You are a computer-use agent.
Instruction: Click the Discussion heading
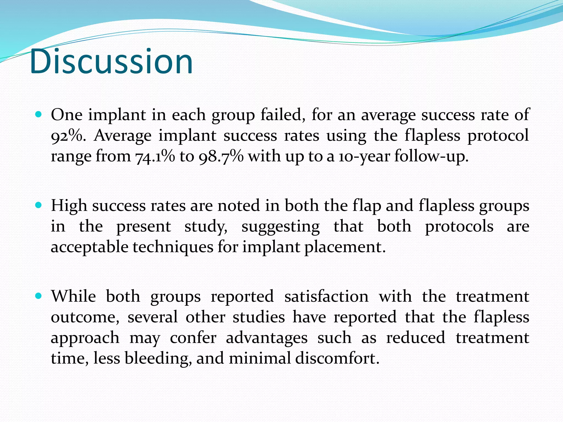point(111,62)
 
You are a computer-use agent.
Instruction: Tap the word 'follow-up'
point(431,157)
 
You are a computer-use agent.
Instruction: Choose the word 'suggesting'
point(280,227)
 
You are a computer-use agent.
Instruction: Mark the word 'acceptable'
point(89,247)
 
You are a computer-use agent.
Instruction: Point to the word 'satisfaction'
point(326,296)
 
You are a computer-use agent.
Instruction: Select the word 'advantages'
point(266,338)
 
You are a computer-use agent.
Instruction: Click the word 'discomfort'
point(337,359)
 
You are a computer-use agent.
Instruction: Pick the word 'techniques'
point(173,247)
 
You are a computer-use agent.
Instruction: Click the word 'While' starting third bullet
point(73,296)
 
